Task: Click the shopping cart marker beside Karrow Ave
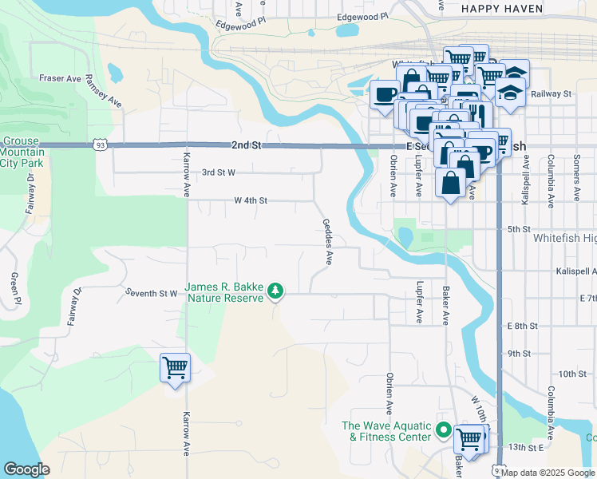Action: (x=175, y=368)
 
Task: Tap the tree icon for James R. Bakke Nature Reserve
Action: (x=275, y=291)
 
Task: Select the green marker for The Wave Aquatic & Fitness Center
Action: (x=445, y=431)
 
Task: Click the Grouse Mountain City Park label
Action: (x=22, y=152)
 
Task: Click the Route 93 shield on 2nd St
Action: (x=99, y=145)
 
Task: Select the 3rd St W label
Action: (x=218, y=172)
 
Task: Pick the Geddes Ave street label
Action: (x=327, y=242)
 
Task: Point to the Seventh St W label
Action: (x=151, y=293)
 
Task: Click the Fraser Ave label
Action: (x=60, y=79)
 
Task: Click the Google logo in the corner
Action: (x=26, y=469)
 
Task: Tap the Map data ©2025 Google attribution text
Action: (x=548, y=473)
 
